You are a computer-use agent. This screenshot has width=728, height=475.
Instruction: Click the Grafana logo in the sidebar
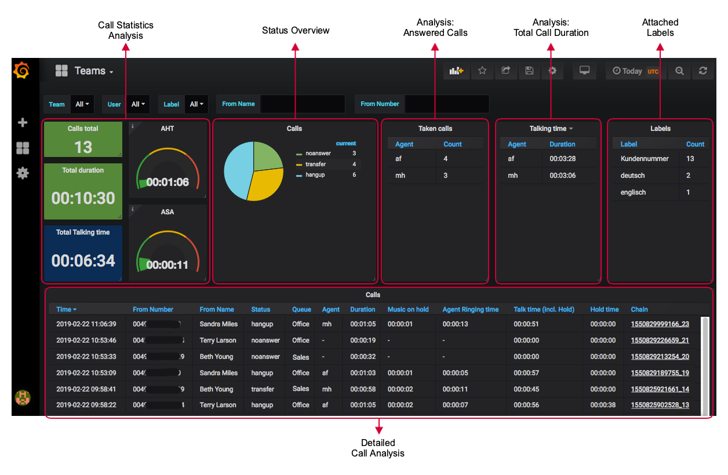21,71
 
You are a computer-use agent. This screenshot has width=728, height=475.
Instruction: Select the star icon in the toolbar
482,71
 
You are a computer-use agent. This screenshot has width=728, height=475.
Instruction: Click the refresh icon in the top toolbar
702,71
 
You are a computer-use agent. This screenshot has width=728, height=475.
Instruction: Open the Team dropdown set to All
82,104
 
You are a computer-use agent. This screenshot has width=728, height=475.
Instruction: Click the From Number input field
446,104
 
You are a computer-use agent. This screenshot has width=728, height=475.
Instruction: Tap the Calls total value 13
83,147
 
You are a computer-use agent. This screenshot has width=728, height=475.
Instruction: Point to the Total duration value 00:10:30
83,198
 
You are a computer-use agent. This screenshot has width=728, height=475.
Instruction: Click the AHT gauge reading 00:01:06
168,182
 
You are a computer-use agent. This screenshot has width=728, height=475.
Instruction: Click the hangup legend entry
315,175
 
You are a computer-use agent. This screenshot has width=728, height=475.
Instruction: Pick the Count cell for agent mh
445,176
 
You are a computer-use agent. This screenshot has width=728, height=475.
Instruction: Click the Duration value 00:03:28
562,159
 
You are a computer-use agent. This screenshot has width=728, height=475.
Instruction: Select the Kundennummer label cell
644,159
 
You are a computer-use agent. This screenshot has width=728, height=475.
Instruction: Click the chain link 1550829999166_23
660,324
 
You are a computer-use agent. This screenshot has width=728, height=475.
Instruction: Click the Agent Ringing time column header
470,309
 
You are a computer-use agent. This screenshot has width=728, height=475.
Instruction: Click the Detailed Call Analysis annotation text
378,448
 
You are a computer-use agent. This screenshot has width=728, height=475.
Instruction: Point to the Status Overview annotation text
296,31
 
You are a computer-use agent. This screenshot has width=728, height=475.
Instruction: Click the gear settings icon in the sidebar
23,173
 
